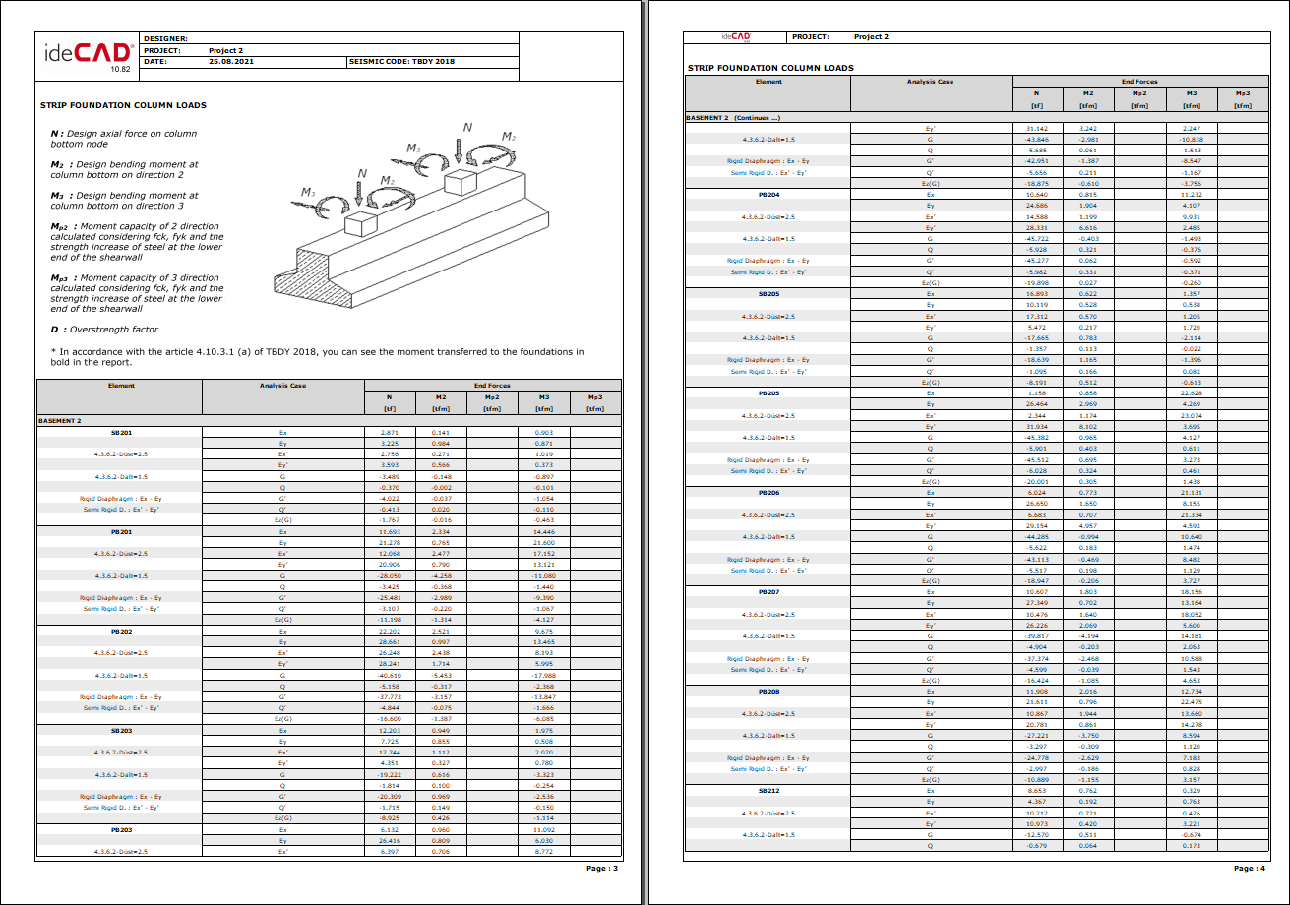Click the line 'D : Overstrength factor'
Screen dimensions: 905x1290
[x=104, y=330]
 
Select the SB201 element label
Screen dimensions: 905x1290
[x=121, y=432]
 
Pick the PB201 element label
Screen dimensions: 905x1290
[x=121, y=531]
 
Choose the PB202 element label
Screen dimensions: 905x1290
[x=121, y=631]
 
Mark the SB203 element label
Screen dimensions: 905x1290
[x=121, y=730]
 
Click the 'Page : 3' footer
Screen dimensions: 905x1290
[x=602, y=868]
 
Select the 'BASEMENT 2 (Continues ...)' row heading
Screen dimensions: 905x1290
[x=733, y=117]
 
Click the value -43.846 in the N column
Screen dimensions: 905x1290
[x=1036, y=139]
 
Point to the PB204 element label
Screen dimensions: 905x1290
[x=768, y=194]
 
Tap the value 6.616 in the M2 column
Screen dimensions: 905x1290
[x=1088, y=227]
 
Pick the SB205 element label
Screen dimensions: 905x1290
[x=768, y=293]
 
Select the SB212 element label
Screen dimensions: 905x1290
[x=768, y=790]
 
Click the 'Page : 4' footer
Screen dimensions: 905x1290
[x=1249, y=868]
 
